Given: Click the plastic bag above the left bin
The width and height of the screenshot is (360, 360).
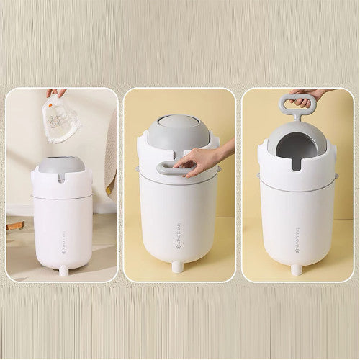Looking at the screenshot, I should [63, 119].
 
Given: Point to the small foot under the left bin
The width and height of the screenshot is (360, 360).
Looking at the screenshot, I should [63, 270].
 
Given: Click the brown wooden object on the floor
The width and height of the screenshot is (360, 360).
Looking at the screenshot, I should [16, 225].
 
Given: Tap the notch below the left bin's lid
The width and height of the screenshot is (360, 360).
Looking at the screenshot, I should [61, 177].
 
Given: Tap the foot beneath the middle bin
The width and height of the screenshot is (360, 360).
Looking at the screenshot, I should [176, 267].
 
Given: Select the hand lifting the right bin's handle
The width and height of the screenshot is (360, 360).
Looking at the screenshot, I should [310, 97].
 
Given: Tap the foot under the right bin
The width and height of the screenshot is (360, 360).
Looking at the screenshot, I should [295, 270].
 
